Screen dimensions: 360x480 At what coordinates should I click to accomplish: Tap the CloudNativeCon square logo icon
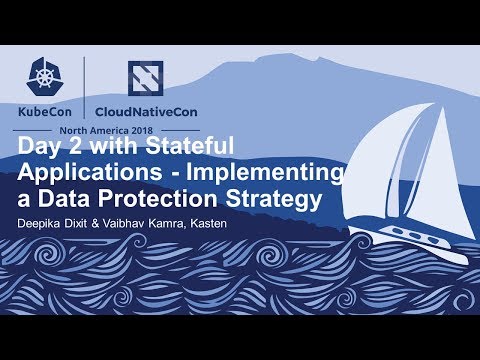[145, 78]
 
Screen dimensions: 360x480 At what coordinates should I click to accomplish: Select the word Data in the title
[62, 199]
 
